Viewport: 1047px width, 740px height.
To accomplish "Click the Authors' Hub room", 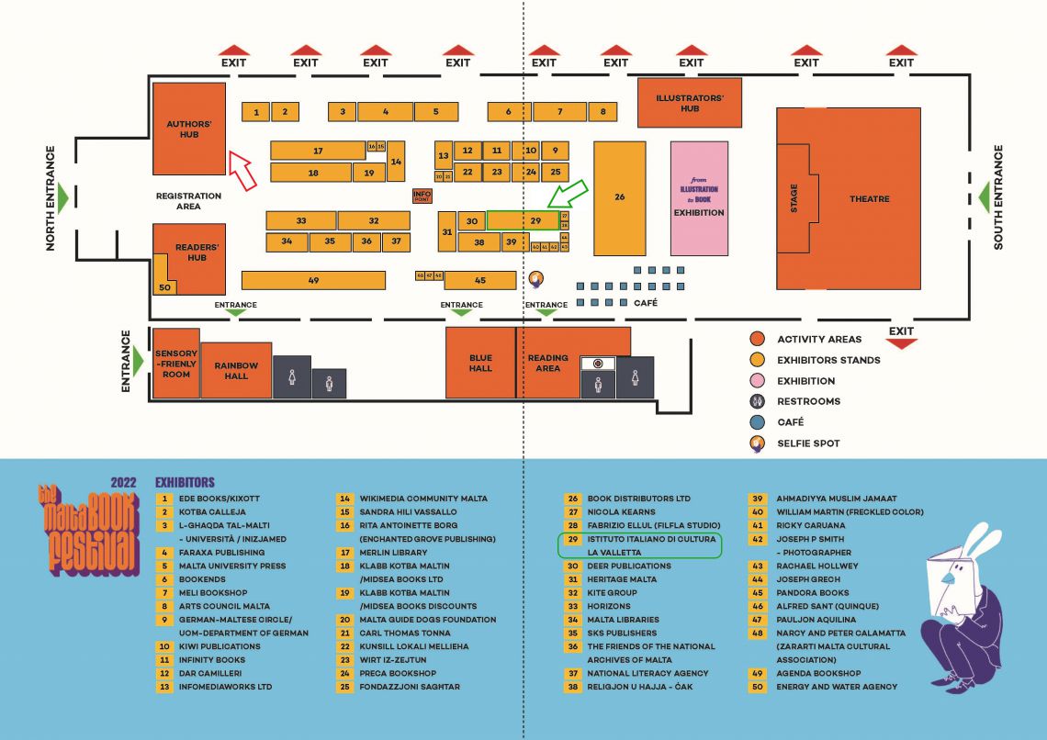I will click(x=188, y=129).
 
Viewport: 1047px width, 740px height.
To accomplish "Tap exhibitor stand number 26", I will click(x=619, y=197).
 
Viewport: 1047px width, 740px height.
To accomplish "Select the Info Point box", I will click(x=422, y=196).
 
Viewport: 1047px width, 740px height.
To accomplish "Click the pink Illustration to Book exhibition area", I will click(x=699, y=198).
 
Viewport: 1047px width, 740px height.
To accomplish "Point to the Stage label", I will click(x=794, y=198).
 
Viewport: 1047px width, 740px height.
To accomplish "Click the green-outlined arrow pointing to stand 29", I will click(x=567, y=194).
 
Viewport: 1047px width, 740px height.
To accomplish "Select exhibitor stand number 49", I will click(x=313, y=280).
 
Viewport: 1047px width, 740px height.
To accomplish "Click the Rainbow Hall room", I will click(x=236, y=370).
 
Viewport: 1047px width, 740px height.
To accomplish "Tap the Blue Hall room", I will click(x=480, y=363).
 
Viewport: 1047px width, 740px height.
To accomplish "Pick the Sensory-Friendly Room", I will click(x=176, y=363).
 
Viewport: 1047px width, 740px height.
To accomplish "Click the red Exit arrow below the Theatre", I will click(x=902, y=343).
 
